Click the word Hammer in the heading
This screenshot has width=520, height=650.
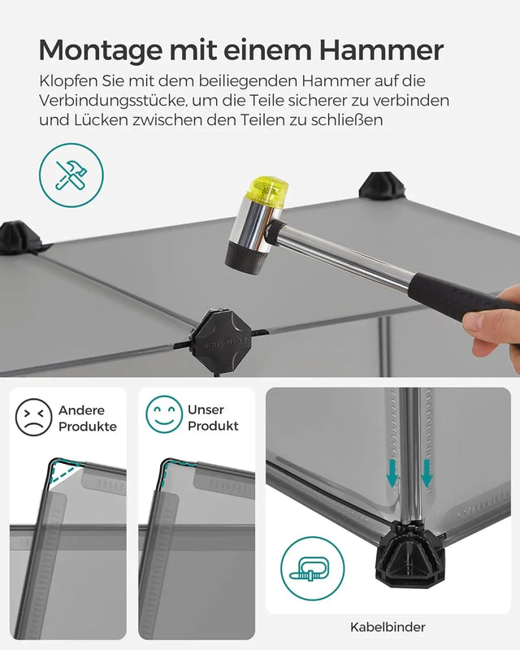(381, 50)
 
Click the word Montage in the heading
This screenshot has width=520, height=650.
(91, 50)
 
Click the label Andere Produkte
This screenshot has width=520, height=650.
(87, 418)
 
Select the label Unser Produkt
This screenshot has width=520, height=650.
(213, 418)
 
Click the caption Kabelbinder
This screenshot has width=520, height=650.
(387, 626)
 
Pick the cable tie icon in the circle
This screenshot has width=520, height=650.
(313, 569)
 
